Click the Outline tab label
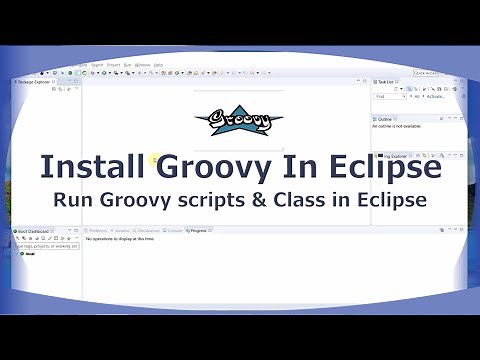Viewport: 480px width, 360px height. pos(386,118)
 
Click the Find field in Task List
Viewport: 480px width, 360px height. pos(386,97)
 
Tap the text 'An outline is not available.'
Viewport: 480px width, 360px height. pos(397,127)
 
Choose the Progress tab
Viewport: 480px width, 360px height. pos(199,230)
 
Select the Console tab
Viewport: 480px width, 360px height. pos(174,230)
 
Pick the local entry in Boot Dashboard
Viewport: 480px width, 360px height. pos(29,254)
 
